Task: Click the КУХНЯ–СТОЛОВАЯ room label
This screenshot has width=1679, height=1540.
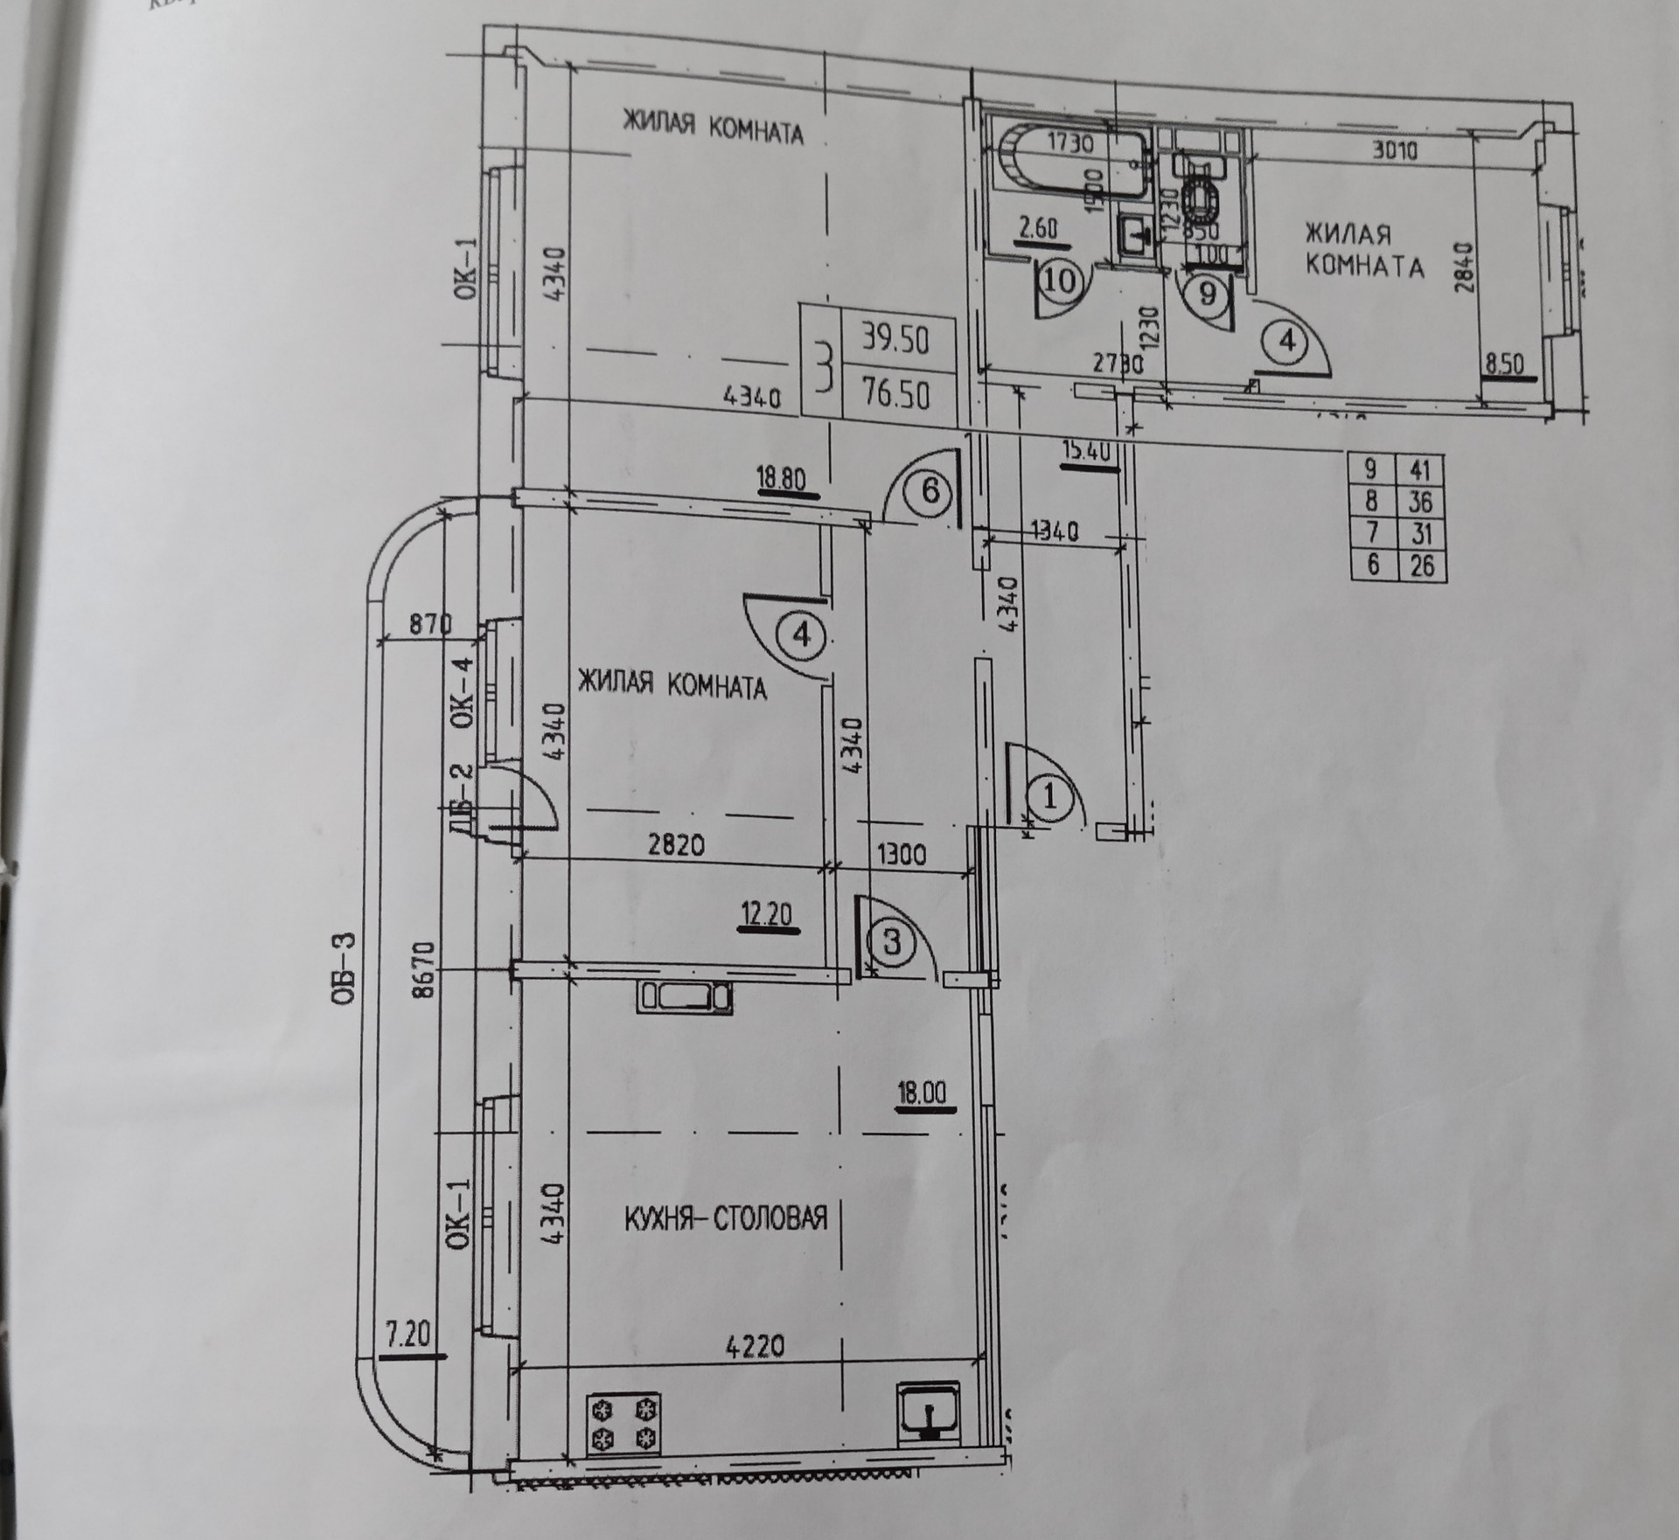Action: tap(725, 1217)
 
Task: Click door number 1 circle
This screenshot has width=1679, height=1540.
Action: tap(1052, 797)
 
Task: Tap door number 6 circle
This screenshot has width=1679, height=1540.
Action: tap(930, 491)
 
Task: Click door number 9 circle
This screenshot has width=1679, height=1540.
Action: tap(1208, 294)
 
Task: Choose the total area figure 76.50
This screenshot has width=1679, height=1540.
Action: tap(895, 395)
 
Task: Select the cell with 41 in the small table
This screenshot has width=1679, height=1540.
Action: tap(1421, 470)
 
